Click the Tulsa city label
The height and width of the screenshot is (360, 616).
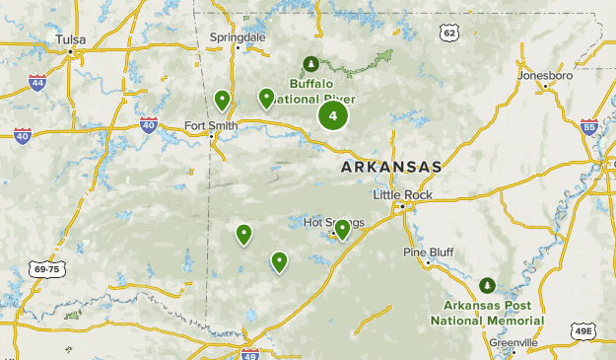tap(71, 39)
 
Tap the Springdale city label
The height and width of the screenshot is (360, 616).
tap(238, 36)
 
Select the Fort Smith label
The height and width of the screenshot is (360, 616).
tap(211, 125)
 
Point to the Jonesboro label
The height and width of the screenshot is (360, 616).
tap(545, 75)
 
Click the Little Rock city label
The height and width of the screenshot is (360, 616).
tap(402, 195)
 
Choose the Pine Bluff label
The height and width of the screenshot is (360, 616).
tap(428, 252)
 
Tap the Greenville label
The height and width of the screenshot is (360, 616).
tap(513, 342)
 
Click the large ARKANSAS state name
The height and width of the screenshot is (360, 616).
tap(390, 168)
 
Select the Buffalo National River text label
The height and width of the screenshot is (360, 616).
tap(322, 91)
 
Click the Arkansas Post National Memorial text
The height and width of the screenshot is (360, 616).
tap(487, 314)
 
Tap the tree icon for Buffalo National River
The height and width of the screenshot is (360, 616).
tap(311, 64)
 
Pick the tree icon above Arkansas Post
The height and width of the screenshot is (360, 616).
tap(487, 286)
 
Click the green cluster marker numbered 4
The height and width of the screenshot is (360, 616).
tap(333, 116)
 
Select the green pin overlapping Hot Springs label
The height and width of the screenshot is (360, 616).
tap(342, 229)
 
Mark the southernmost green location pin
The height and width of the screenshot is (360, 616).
tap(279, 260)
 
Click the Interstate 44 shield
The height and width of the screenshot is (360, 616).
tap(37, 82)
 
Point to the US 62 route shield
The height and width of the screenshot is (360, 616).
tap(450, 34)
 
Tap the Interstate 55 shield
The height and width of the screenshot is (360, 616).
tap(589, 126)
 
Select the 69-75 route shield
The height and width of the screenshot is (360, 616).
tap(45, 268)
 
